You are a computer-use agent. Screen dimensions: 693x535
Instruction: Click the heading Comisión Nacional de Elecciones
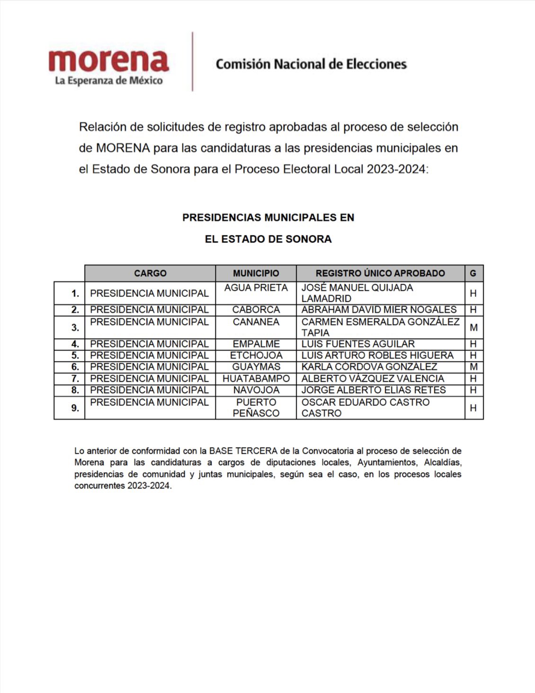click(311, 64)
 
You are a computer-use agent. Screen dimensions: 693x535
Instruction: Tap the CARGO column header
click(150, 273)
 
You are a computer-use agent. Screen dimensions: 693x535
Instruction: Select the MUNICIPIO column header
click(256, 273)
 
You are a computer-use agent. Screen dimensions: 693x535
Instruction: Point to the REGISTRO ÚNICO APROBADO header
click(380, 273)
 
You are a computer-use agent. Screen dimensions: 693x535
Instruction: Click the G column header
click(473, 273)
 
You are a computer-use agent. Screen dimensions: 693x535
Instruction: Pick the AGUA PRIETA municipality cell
click(256, 288)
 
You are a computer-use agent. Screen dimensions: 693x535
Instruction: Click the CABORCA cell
click(256, 310)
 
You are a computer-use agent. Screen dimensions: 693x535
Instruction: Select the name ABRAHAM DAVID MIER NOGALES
click(379, 310)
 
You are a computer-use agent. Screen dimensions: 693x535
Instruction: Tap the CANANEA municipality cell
click(256, 322)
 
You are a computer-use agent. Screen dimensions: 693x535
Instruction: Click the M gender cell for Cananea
click(473, 327)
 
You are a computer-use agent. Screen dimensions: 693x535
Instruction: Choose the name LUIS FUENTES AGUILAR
click(358, 344)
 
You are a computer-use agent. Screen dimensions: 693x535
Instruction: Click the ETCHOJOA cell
click(256, 355)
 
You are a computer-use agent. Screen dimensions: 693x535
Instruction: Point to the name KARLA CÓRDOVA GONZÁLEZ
click(369, 367)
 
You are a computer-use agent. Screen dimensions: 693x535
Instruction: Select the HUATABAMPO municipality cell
click(256, 378)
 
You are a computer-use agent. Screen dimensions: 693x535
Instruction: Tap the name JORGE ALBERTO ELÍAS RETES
click(374, 390)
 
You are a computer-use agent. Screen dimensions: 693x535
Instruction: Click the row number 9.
click(75, 408)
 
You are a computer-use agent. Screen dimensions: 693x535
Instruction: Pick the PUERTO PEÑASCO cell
click(256, 407)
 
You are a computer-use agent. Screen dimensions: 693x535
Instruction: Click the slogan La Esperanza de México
click(108, 81)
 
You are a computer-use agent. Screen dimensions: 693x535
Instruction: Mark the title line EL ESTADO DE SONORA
click(268, 239)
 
